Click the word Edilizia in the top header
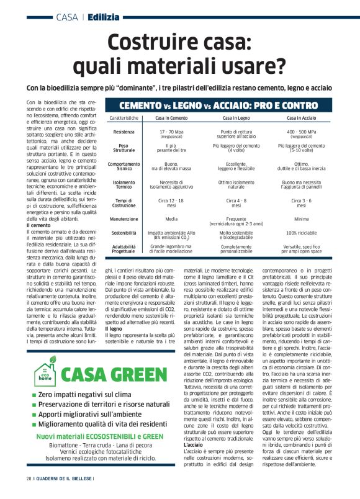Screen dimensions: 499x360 click(x=104, y=17)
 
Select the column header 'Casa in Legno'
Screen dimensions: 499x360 click(x=236, y=118)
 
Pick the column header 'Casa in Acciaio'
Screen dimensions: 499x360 click(x=301, y=118)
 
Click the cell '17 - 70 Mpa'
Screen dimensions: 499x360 click(x=171, y=132)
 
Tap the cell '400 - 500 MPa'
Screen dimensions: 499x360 click(x=301, y=132)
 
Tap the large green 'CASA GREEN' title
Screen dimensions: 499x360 click(x=117, y=376)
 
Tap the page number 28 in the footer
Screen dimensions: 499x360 click(x=29, y=479)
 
